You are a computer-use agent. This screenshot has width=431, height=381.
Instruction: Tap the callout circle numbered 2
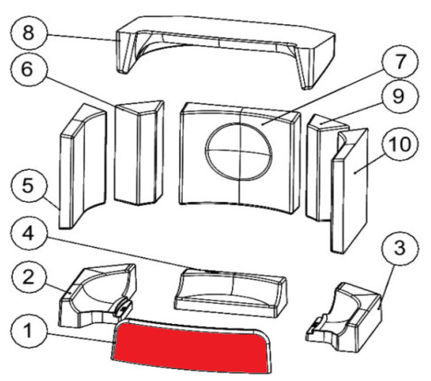(x=29, y=278)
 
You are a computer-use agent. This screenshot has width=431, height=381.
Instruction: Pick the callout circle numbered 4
(x=29, y=234)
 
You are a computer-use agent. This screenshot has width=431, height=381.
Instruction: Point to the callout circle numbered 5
(x=29, y=185)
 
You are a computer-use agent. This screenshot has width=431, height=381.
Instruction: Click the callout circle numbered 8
(x=29, y=33)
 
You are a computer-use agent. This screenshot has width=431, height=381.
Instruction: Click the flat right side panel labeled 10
(x=350, y=190)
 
